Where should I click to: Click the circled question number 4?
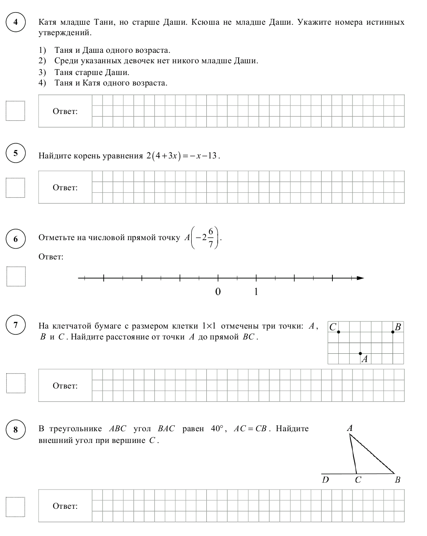click(x=16, y=22)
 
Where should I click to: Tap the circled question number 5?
click(x=16, y=153)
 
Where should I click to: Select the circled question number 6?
click(x=16, y=239)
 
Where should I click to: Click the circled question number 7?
click(x=16, y=325)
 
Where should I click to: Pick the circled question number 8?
click(x=16, y=430)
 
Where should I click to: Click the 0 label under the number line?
click(x=218, y=292)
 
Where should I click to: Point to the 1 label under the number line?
click(x=256, y=292)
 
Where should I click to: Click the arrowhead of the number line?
click(x=360, y=278)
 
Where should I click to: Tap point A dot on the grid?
click(x=360, y=354)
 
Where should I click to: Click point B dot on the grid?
click(x=393, y=332)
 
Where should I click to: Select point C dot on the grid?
click(x=338, y=332)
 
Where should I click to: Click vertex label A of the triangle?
click(x=350, y=428)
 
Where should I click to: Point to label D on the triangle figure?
click(x=325, y=480)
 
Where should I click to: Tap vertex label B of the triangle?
click(x=397, y=480)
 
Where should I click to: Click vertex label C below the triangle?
click(x=358, y=480)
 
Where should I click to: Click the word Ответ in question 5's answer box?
click(x=65, y=187)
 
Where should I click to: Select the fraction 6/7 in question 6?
click(x=211, y=238)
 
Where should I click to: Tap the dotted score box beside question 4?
click(x=15, y=111)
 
